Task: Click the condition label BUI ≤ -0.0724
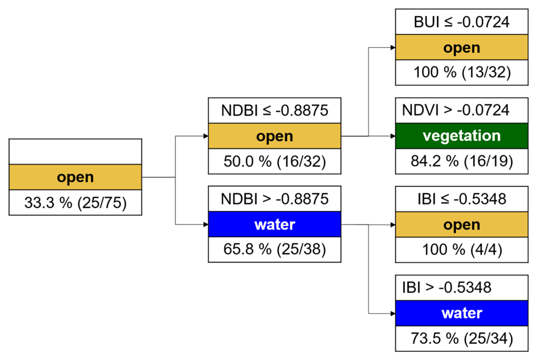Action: (461, 22)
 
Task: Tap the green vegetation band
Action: (462, 136)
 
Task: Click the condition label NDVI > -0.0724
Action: (456, 110)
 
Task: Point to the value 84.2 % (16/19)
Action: (462, 161)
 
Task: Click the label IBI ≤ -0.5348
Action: (462, 199)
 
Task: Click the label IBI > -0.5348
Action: (447, 287)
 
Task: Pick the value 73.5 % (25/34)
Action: (462, 338)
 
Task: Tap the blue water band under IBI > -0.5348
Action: (462, 313)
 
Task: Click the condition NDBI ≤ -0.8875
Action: (274, 111)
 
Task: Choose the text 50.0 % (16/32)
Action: (274, 161)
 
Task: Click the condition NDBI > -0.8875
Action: (274, 199)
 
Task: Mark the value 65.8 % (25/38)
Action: (274, 249)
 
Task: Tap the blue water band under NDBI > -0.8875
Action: (274, 224)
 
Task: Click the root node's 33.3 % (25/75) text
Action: (75, 203)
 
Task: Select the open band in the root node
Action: (75, 177)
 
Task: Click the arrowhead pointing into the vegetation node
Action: (393, 136)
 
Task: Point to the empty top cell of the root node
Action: (75, 152)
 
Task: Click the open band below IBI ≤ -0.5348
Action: (462, 225)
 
